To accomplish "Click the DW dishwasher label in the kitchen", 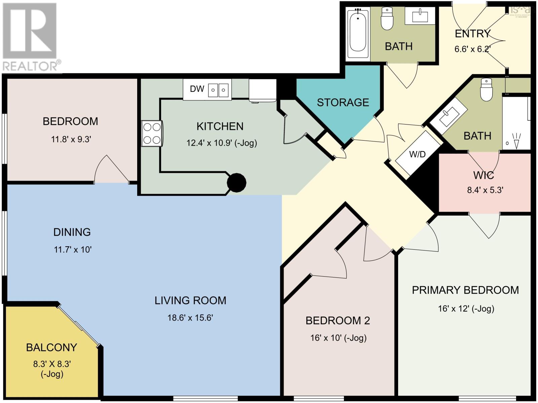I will [x=197, y=89].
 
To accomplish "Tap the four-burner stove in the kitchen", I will [x=152, y=134].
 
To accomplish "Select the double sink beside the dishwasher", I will [x=219, y=90].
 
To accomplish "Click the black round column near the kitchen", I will [x=237, y=183].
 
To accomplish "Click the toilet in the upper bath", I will [x=387, y=19].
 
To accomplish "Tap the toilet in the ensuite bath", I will [x=486, y=90].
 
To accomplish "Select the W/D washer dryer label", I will [x=417, y=154].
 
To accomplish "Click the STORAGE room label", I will [x=343, y=102].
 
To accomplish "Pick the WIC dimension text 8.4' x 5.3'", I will [x=485, y=190].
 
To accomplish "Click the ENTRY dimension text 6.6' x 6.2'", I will [x=472, y=49].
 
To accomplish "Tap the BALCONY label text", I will [x=51, y=347].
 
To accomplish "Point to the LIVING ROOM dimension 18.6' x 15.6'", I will [x=190, y=318].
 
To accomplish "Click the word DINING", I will [x=72, y=232].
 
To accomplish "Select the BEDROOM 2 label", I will [x=338, y=321].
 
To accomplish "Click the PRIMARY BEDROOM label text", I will [x=465, y=290].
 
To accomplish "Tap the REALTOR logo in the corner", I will [x=31, y=37].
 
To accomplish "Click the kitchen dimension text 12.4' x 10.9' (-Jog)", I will [x=222, y=143].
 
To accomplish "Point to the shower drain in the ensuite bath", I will [x=507, y=143].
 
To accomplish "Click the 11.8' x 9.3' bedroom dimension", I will [x=71, y=139].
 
